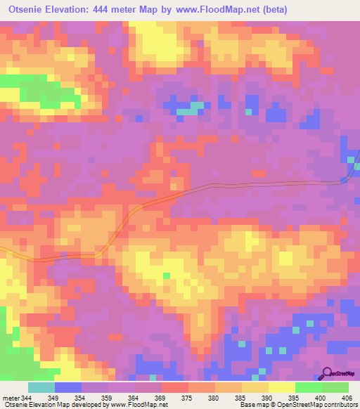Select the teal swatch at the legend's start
click(41, 388)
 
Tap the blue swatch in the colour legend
click(68, 388)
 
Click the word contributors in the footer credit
click(340, 404)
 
